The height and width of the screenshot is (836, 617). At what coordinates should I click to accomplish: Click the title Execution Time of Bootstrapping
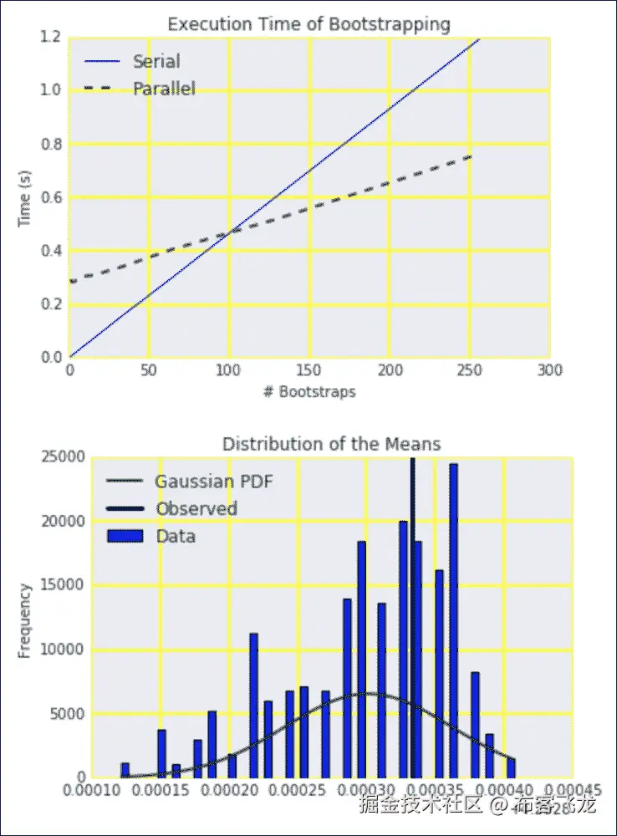click(x=308, y=24)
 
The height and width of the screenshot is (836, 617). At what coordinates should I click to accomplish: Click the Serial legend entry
click(x=156, y=61)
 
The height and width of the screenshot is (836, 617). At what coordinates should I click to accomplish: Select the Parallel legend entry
click(x=164, y=88)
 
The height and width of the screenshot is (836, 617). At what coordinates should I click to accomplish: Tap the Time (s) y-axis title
click(x=25, y=198)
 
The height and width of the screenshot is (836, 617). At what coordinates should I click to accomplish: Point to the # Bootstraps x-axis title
click(x=308, y=392)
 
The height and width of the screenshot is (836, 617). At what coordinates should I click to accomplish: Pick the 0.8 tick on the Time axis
click(x=51, y=144)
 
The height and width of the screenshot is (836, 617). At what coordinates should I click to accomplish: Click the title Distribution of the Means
click(x=331, y=443)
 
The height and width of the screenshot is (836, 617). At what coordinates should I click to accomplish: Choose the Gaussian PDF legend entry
click(x=213, y=481)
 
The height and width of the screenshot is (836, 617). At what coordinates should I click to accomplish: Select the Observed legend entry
click(x=196, y=508)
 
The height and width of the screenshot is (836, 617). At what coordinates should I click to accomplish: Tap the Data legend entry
click(x=176, y=536)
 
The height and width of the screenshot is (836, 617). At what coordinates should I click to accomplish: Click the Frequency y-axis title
click(x=25, y=621)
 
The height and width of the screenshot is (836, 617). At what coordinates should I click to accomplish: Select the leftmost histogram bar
click(x=125, y=770)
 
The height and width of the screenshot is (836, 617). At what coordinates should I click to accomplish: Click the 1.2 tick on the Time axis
click(x=51, y=37)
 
